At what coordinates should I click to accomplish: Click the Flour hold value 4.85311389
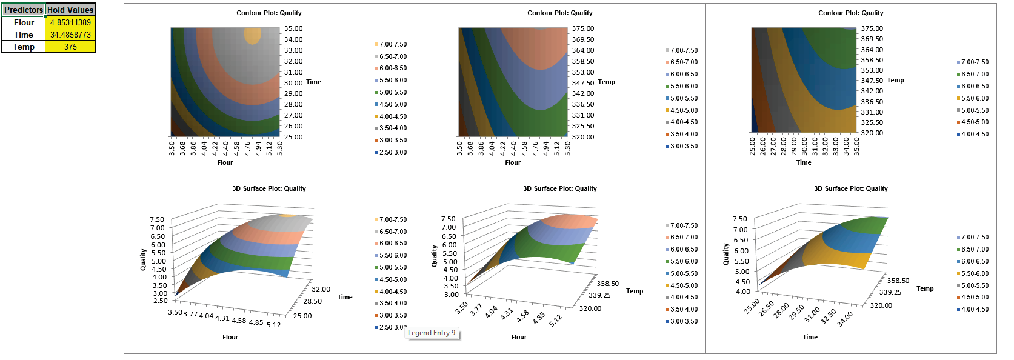coord(70,22)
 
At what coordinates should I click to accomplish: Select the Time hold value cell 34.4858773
coord(70,35)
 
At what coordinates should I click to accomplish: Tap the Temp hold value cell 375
coord(70,47)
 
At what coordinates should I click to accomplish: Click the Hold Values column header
coord(70,10)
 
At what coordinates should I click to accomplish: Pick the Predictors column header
coord(24,10)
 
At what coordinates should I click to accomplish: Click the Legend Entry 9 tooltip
coord(432,333)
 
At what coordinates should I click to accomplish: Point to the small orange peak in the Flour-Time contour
coord(252,35)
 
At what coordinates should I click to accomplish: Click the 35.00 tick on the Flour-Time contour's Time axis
coord(293,28)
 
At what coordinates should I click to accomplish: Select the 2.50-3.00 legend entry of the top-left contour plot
coord(393,152)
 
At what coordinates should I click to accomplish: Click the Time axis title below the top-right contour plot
coord(803,162)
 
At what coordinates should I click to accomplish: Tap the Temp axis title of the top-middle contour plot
coord(606,82)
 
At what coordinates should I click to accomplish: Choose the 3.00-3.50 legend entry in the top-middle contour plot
coord(684,146)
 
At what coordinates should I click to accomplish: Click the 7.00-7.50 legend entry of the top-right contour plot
coord(975,62)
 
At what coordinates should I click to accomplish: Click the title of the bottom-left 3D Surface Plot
coord(269,188)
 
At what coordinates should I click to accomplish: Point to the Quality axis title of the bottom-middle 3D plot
coord(434,256)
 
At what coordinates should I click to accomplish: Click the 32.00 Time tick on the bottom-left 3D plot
coord(321,289)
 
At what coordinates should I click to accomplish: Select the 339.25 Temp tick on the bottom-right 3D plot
coord(890,292)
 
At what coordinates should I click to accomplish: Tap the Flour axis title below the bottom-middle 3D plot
coord(518,337)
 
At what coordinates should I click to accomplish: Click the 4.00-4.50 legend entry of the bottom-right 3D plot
coord(975,309)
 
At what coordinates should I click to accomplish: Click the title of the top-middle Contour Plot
coord(559,13)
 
